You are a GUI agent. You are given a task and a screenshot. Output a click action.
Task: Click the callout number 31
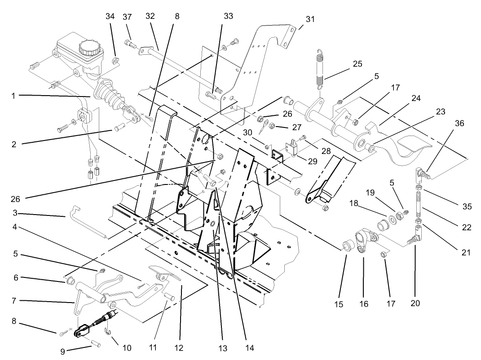coord(310,19)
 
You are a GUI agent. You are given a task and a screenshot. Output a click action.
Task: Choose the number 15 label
coord(338,304)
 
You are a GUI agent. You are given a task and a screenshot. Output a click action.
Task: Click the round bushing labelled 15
coord(347,246)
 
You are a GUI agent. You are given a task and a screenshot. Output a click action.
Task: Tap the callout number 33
coord(228,16)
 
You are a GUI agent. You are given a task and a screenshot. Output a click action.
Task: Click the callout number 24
coord(416,98)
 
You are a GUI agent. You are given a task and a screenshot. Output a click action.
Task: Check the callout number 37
coord(127,17)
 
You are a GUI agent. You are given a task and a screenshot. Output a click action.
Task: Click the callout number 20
coord(415,303)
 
